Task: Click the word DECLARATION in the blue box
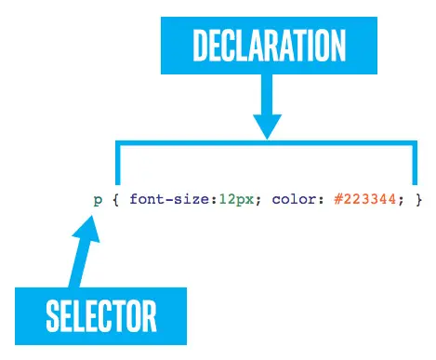268,47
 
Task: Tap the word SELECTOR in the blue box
102,316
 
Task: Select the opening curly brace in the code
116,199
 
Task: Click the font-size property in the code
165,199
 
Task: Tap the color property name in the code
291,199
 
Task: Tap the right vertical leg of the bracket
415,165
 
